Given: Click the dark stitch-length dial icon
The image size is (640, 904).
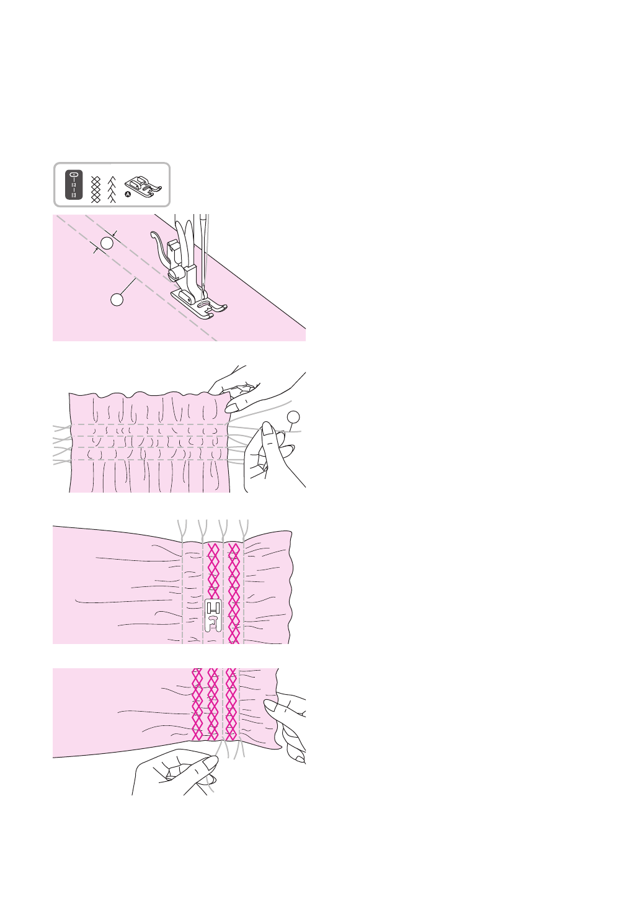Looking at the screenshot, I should (74, 185).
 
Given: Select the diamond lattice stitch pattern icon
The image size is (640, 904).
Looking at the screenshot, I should (96, 189).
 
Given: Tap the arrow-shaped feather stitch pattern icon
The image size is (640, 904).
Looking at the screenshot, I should (112, 190).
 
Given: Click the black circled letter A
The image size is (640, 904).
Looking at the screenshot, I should (128, 194).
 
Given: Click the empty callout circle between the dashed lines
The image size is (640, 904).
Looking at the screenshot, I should (107, 243).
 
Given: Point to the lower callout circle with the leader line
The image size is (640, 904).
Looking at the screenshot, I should (117, 300).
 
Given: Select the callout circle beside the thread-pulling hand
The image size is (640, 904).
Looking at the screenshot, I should (293, 416).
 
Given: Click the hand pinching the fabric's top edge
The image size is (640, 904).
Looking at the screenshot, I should (254, 391).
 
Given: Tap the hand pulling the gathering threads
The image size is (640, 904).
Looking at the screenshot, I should (270, 453).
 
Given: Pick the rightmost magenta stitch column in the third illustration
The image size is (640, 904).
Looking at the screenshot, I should (234, 593).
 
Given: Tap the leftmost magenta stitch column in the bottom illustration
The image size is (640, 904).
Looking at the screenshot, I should (197, 704).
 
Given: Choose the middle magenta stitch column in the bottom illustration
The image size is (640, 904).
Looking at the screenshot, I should (213, 704).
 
